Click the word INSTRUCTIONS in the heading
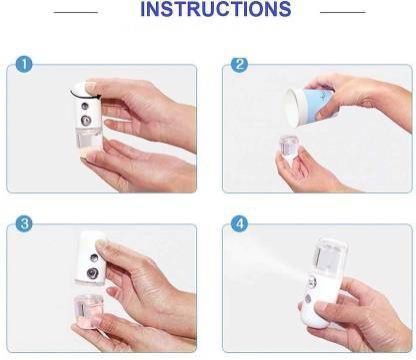pyautogui.click(x=216, y=9)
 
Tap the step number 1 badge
pyautogui.click(x=24, y=64)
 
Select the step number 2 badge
pyautogui.click(x=240, y=64)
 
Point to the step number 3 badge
pyautogui.click(x=24, y=224)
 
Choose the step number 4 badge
pyautogui.click(x=240, y=224)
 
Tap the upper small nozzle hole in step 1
pyautogui.click(x=85, y=106)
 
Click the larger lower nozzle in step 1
pyautogui.click(x=87, y=120)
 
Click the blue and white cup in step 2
pyautogui.click(x=310, y=108)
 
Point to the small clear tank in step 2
pyautogui.click(x=289, y=147)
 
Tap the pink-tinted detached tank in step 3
pyautogui.click(x=89, y=311)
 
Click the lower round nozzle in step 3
pyautogui.click(x=92, y=274)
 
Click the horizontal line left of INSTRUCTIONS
pyautogui.click(x=75, y=13)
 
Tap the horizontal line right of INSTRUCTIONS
pyautogui.click(x=343, y=12)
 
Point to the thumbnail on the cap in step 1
pyautogui.click(x=90, y=87)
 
